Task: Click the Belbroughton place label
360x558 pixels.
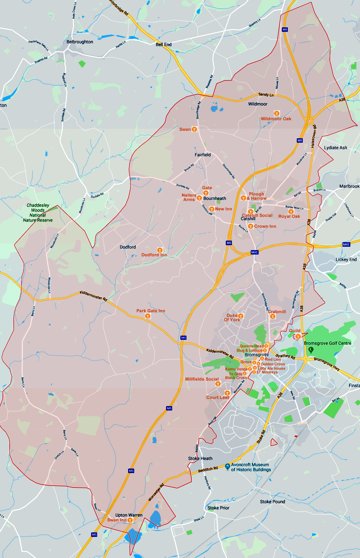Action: (80, 42)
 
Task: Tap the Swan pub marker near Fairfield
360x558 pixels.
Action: (194, 129)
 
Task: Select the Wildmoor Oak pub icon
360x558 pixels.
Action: (276, 113)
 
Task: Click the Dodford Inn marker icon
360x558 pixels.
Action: (160, 250)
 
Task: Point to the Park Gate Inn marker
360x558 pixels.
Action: (148, 316)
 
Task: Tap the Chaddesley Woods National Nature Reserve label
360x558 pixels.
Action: (38, 213)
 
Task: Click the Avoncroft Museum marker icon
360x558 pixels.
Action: (228, 466)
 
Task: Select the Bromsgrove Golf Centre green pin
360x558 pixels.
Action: (311, 350)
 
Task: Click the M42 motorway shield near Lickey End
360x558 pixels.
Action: (346, 245)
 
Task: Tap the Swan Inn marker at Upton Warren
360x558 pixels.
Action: (130, 520)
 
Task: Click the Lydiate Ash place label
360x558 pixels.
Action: (335, 148)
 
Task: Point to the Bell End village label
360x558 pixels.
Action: (164, 45)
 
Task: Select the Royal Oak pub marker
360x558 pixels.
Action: (291, 211)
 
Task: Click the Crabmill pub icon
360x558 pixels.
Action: (273, 316)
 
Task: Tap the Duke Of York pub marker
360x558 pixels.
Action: (241, 316)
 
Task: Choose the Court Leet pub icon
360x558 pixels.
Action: (227, 393)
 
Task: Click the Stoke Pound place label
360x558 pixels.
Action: (272, 502)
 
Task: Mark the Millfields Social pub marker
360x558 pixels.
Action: (218, 384)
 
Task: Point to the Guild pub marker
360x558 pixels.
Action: (298, 336)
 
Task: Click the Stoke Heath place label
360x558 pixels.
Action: (200, 459)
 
